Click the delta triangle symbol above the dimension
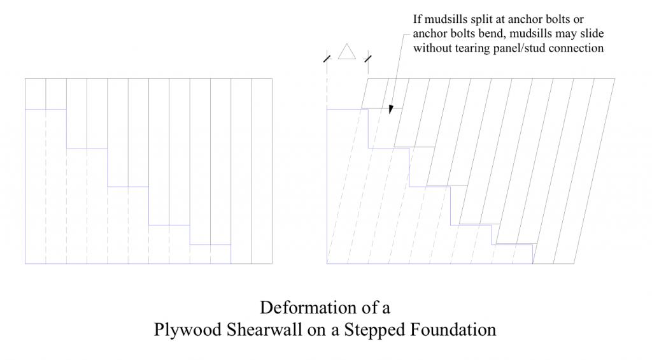(347, 52)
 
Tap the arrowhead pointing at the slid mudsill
(391, 109)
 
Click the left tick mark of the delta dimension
(327, 59)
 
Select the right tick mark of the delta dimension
(367, 59)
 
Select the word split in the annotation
(482, 20)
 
